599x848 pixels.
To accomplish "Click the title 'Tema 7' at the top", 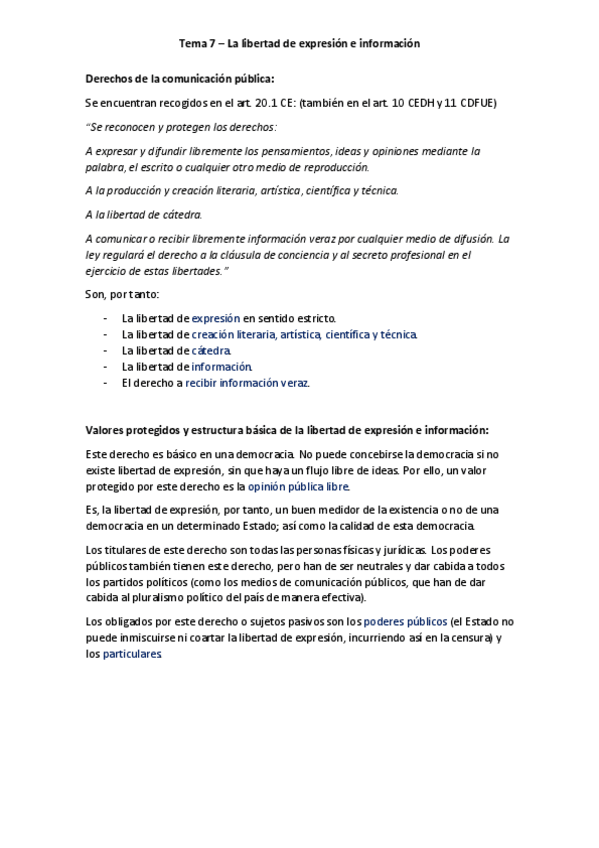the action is pyautogui.click(x=198, y=44).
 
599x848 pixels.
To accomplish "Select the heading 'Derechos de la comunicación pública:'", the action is pyautogui.click(x=180, y=79).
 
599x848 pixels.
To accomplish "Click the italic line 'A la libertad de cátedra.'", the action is pyautogui.click(x=144, y=214).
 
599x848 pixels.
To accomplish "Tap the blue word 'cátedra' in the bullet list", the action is pyautogui.click(x=211, y=350).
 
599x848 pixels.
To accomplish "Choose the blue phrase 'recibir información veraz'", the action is pyautogui.click(x=247, y=382).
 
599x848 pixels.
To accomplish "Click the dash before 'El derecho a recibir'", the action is pyautogui.click(x=106, y=382).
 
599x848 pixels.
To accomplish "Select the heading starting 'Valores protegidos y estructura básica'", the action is pyautogui.click(x=287, y=431).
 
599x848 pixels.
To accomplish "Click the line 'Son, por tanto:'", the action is pyautogui.click(x=116, y=294).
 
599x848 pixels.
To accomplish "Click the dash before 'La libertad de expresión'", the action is pyautogui.click(x=106, y=318).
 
